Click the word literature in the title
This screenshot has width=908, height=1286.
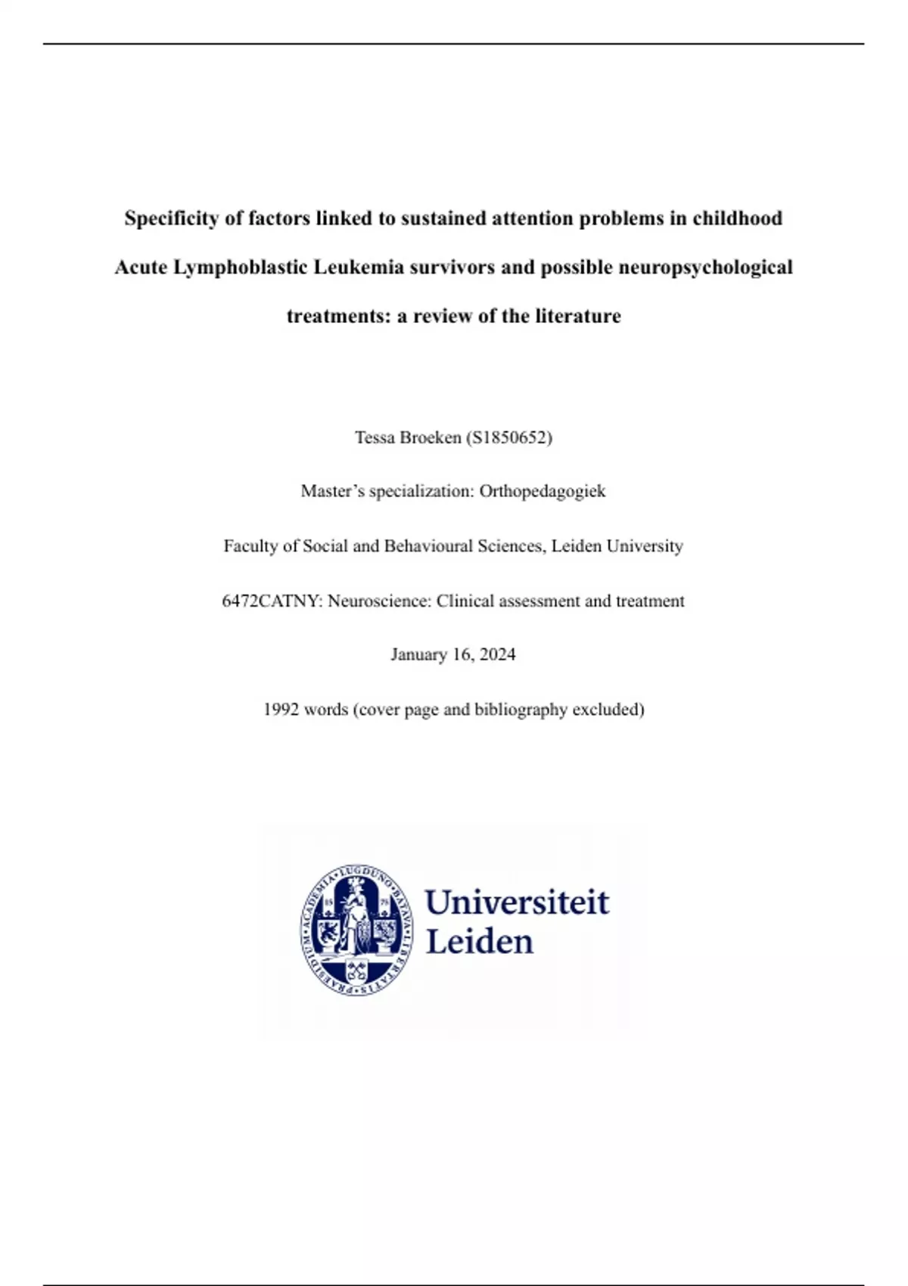[578, 316]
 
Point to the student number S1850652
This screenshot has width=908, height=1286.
[509, 437]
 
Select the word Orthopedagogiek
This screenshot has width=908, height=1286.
[543, 492]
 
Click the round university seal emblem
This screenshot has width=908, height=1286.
[356, 930]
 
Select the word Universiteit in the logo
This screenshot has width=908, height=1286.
[517, 902]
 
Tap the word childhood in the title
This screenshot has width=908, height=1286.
[737, 219]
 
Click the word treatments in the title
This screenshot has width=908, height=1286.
[338, 316]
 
